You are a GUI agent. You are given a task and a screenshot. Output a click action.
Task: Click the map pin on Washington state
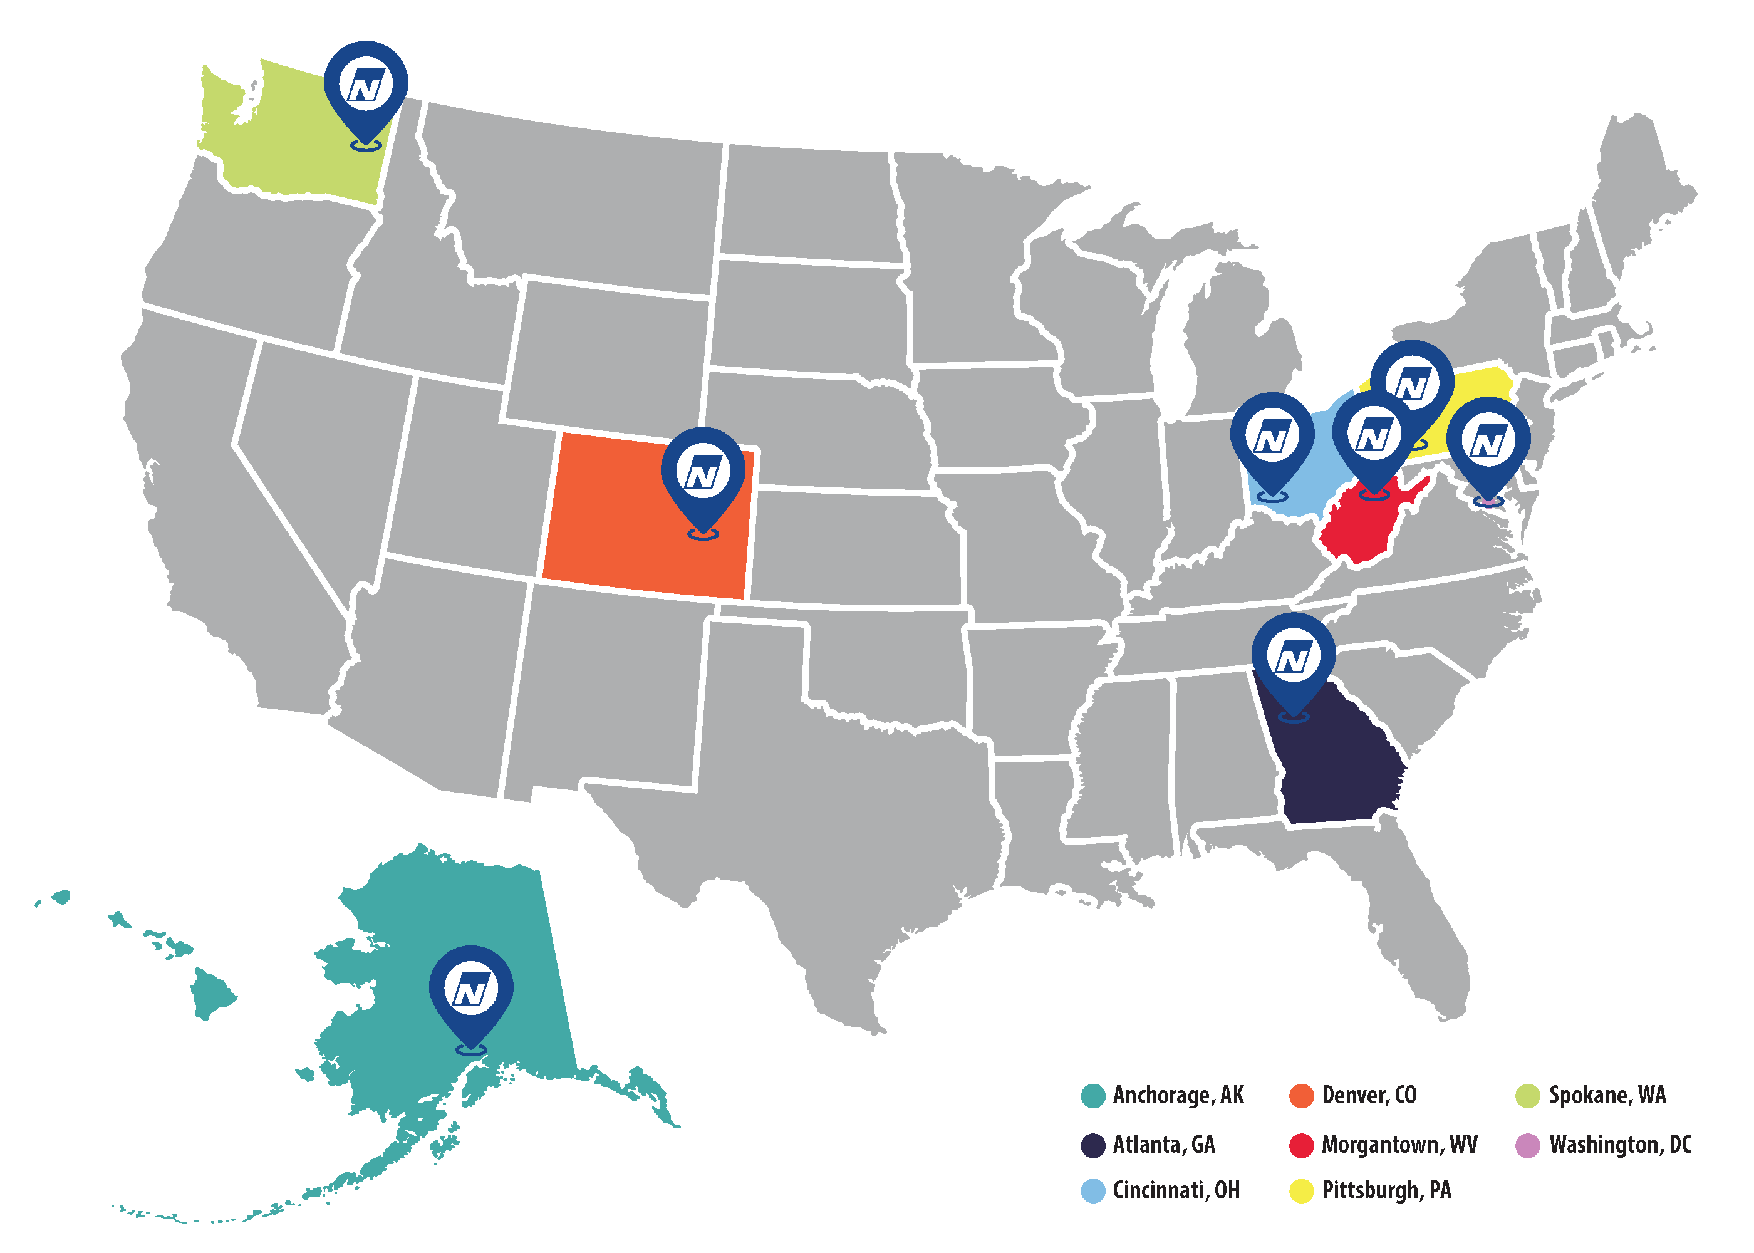[x=366, y=85]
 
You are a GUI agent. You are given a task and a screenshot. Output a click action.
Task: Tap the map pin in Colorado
[x=703, y=471]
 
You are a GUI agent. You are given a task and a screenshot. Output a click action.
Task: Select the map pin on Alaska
[x=470, y=990]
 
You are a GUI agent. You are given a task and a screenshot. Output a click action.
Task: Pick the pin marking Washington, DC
[x=1488, y=441]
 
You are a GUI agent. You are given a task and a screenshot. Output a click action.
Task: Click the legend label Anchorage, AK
[x=1178, y=1095]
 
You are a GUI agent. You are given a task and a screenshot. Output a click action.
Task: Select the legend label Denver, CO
[x=1369, y=1095]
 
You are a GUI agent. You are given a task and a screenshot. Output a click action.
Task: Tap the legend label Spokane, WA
[x=1607, y=1095]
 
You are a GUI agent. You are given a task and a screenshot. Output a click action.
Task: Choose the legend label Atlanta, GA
[x=1164, y=1144]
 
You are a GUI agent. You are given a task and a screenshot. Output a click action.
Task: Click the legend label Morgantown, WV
[x=1399, y=1144]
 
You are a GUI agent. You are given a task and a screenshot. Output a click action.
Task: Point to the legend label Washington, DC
[x=1620, y=1144]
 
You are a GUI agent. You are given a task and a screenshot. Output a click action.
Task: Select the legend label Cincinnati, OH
[x=1176, y=1190]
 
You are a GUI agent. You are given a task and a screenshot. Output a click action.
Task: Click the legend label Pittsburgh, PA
[x=1386, y=1190]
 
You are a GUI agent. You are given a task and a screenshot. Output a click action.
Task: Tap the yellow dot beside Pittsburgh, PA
[x=1301, y=1191]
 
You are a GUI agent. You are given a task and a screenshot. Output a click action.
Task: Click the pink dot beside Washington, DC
[x=1527, y=1145]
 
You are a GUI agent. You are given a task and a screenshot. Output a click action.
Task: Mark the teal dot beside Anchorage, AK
[x=1093, y=1096]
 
